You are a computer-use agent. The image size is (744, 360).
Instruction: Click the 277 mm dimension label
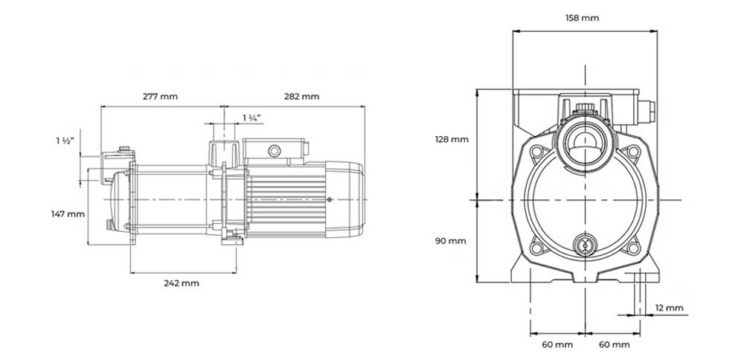click(x=161, y=97)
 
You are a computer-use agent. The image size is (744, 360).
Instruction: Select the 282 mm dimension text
click(x=302, y=97)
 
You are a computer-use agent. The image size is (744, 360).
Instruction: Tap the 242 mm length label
click(x=182, y=283)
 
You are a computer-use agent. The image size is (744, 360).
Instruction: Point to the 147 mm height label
click(x=68, y=214)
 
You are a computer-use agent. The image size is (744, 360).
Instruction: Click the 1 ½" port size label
click(x=65, y=141)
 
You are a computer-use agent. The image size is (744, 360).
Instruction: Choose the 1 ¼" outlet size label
click(x=252, y=118)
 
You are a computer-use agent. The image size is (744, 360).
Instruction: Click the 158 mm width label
click(x=583, y=18)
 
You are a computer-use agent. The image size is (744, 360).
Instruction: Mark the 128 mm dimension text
click(x=452, y=139)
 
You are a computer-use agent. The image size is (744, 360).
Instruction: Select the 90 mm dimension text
click(x=451, y=241)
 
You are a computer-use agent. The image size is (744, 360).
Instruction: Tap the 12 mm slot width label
click(x=670, y=308)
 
